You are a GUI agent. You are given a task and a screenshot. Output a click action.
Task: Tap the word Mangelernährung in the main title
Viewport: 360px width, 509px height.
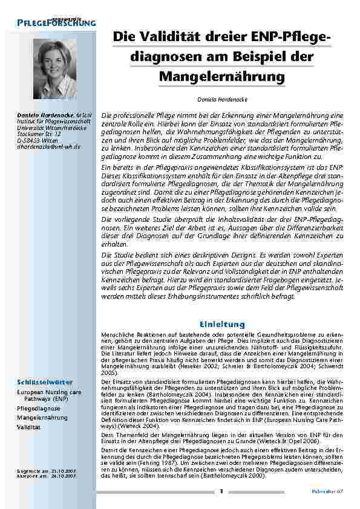pyautogui.click(x=221, y=77)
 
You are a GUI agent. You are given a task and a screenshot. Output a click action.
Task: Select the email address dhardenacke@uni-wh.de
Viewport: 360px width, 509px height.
pyautogui.click(x=48, y=146)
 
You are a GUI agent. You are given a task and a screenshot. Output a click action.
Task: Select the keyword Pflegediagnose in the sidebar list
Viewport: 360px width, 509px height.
pyautogui.click(x=38, y=408)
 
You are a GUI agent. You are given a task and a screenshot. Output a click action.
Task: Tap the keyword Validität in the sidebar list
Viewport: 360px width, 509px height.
pyautogui.click(x=29, y=427)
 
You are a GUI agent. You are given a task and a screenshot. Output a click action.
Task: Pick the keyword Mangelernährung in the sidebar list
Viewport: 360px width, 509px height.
pyautogui.click(x=42, y=417)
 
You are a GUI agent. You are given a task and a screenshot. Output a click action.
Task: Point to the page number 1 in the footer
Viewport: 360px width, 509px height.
pyautogui.click(x=221, y=491)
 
